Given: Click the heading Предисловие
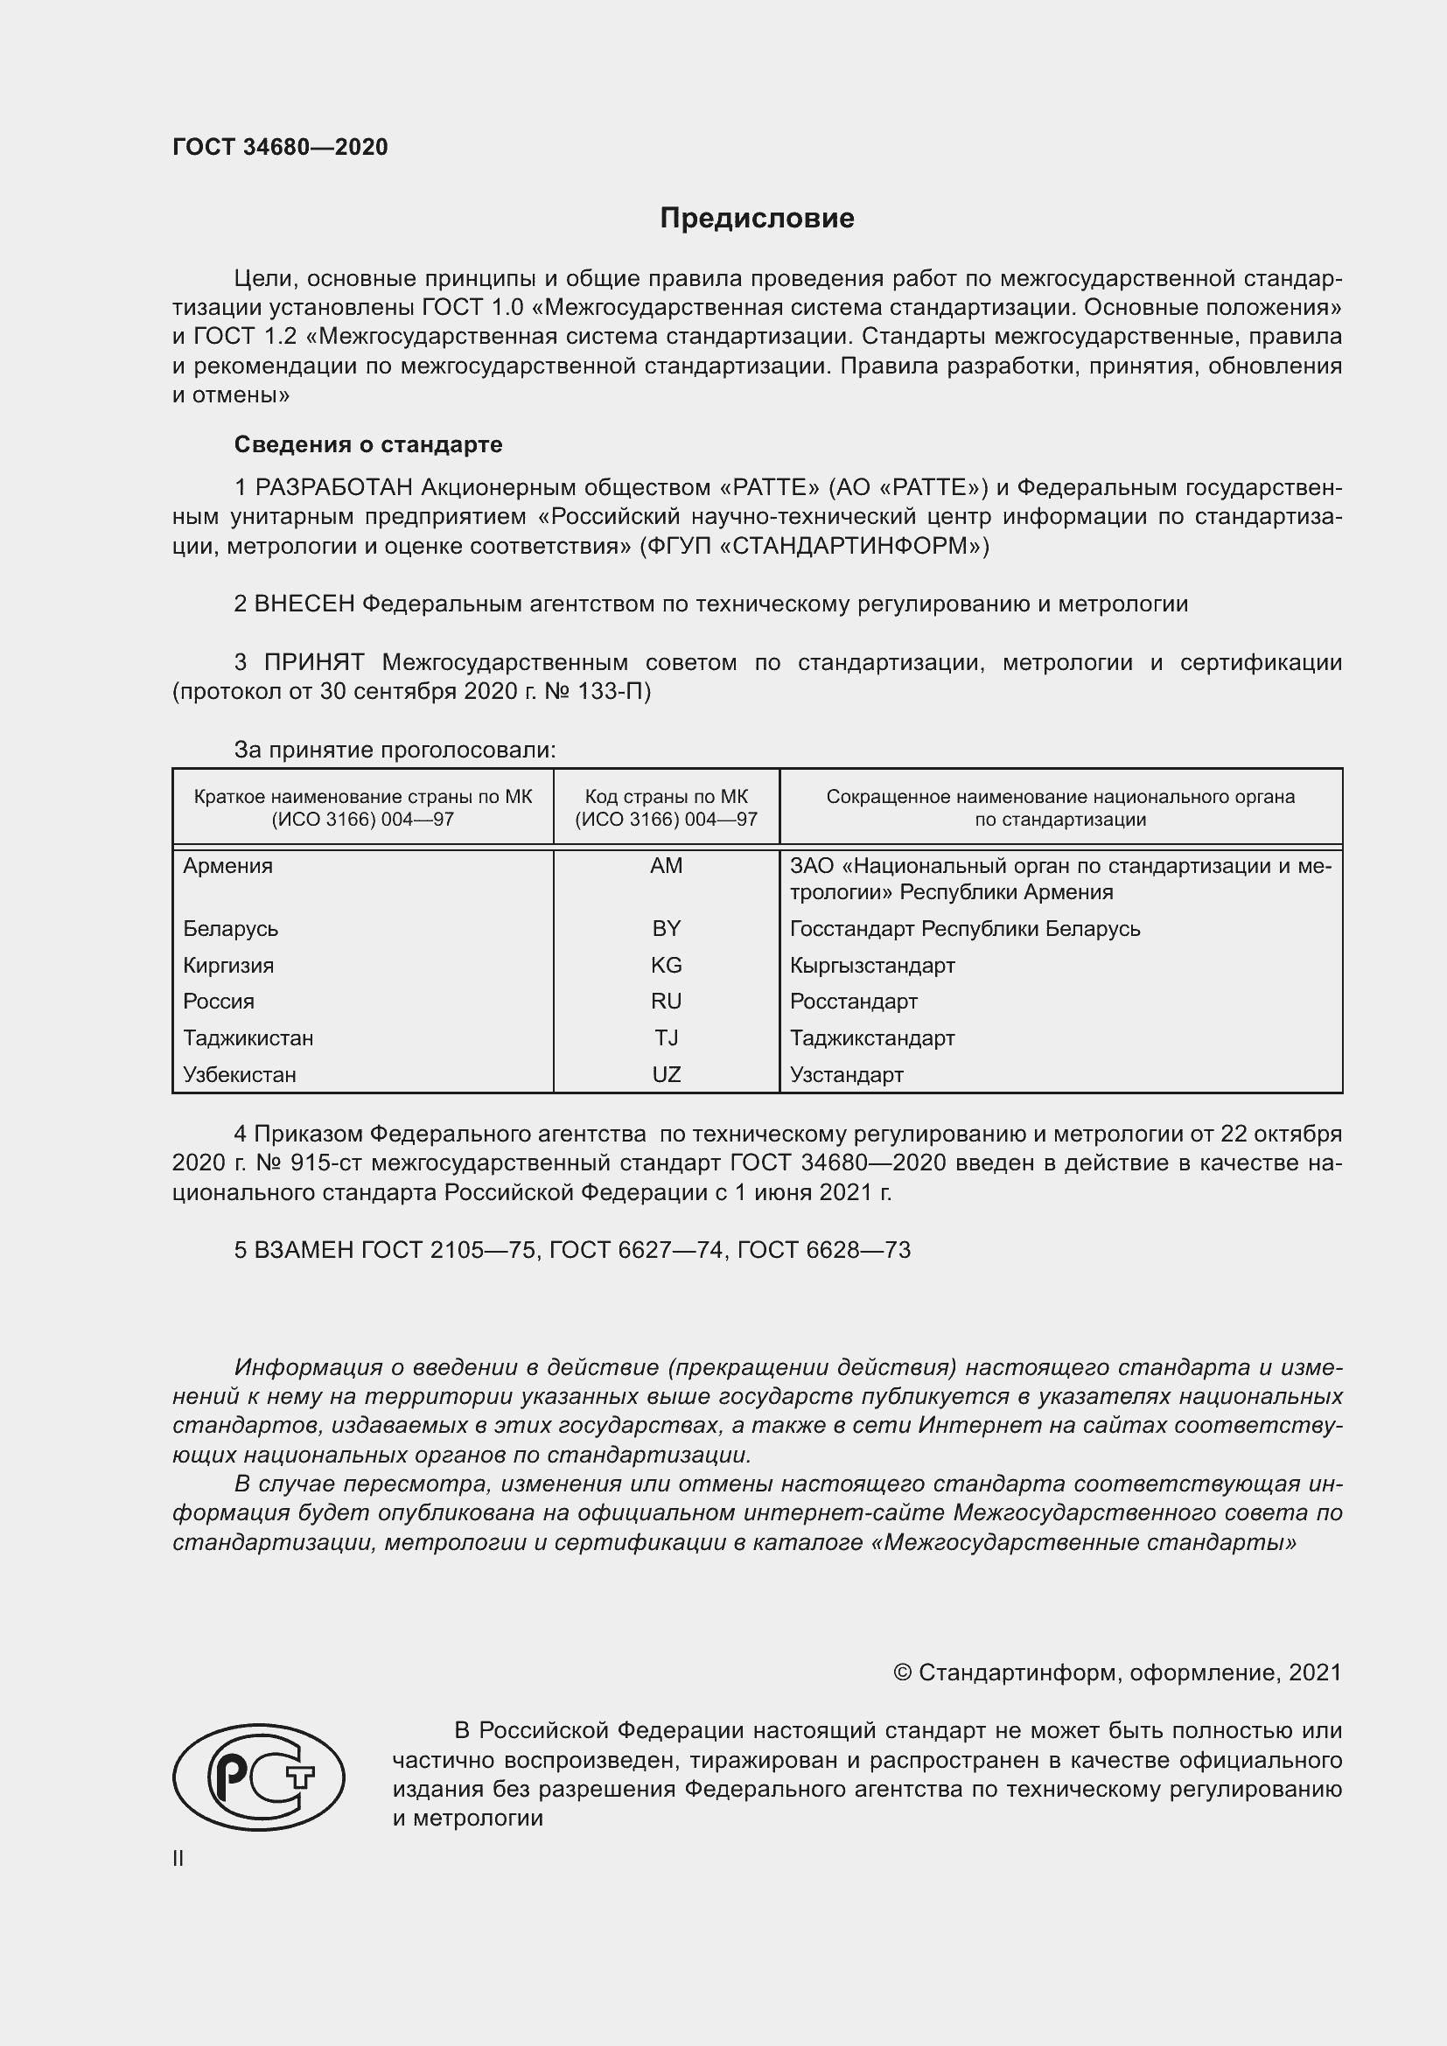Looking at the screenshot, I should pyautogui.click(x=757, y=219).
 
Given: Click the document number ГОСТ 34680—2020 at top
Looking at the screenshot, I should pyautogui.click(x=280, y=147).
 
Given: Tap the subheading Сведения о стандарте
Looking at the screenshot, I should pyautogui.click(x=368, y=443).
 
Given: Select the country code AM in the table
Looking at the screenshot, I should pyautogui.click(x=666, y=865).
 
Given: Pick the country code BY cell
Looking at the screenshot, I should pyautogui.click(x=666, y=929).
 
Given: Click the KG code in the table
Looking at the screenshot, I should pyautogui.click(x=666, y=965).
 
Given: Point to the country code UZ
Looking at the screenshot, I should pyautogui.click(x=666, y=1075).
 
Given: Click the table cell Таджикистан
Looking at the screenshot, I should pyautogui.click(x=248, y=1038).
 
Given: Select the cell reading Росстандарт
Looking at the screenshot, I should pyautogui.click(x=853, y=1002).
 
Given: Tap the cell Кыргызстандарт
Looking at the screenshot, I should pyautogui.click(x=871, y=965).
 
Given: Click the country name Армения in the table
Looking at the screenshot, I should pyautogui.click(x=227, y=865).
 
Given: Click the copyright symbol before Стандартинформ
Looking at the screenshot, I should pyautogui.click(x=902, y=1672).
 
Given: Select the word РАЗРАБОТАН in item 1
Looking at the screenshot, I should pyautogui.click(x=334, y=487).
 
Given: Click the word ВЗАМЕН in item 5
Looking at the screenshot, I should pyautogui.click(x=304, y=1250).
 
